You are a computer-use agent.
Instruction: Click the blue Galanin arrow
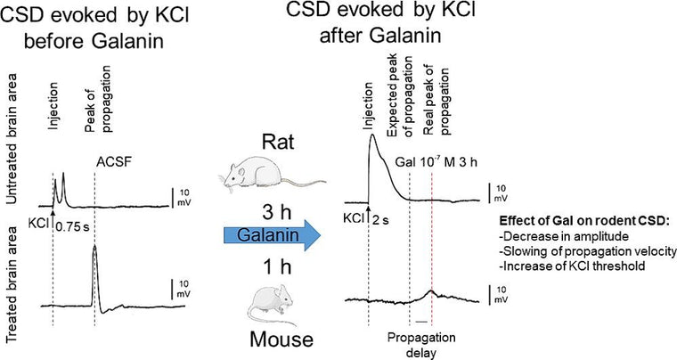pyautogui.click(x=272, y=235)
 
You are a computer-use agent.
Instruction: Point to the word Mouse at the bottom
pyautogui.click(x=281, y=340)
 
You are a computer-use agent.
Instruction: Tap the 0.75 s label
pyautogui.click(x=72, y=226)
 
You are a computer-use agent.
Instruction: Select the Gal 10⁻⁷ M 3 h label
pyautogui.click(x=436, y=163)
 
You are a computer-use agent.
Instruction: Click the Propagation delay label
pyautogui.click(x=421, y=345)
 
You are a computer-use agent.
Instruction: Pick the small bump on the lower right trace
pyautogui.click(x=430, y=292)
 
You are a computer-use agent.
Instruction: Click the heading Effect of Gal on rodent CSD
pyautogui.click(x=584, y=221)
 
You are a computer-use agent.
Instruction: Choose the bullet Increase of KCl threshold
pyautogui.click(x=574, y=266)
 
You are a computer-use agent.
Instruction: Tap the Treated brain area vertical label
pyautogui.click(x=12, y=283)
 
